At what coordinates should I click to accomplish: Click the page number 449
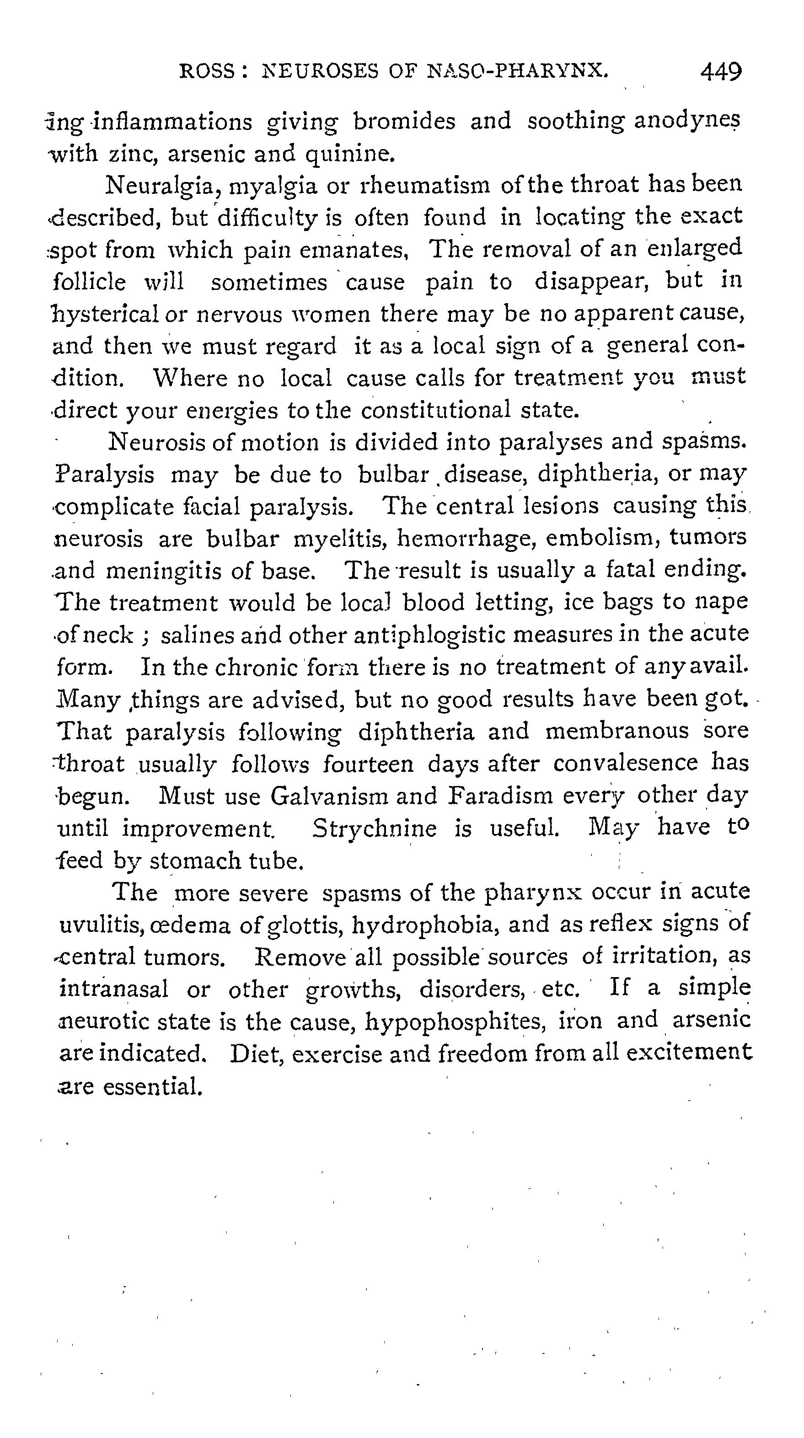click(x=721, y=72)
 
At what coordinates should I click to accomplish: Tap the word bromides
click(x=404, y=121)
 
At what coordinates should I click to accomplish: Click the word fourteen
click(x=369, y=764)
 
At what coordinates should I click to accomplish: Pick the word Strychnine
click(x=374, y=829)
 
